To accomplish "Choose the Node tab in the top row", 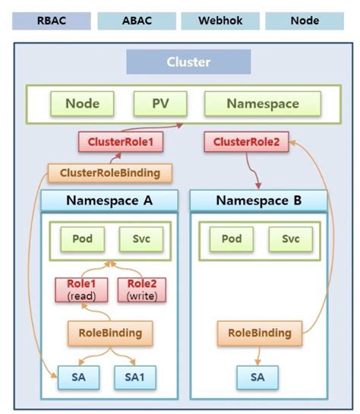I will click(304, 21).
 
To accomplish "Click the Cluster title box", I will click(188, 62).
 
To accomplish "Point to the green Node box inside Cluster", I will click(82, 104).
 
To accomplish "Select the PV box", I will click(160, 104).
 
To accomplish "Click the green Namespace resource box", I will click(262, 104).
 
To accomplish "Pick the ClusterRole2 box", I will click(246, 142).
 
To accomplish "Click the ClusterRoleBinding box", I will click(109, 172).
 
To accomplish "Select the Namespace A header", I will click(109, 201).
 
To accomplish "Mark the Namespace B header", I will click(258, 201).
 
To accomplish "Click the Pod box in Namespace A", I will click(82, 239).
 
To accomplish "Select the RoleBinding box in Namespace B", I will click(259, 332).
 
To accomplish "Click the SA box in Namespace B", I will click(257, 377).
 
